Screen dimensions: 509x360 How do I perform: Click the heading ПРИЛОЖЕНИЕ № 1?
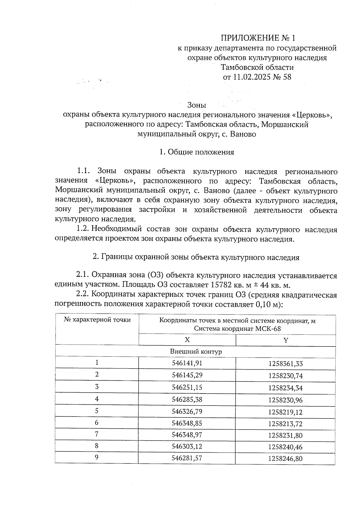(258, 38)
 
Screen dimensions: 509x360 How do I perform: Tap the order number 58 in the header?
(287, 77)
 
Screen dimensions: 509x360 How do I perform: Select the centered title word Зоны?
(196, 105)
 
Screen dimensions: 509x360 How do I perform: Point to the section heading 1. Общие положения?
(196, 152)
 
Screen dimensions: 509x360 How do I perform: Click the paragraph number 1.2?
(83, 229)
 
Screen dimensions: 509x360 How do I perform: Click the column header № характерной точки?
(97, 320)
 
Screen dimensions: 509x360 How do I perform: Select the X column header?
(187, 340)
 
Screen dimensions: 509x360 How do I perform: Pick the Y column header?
(286, 340)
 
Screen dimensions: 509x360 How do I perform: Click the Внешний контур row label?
(196, 352)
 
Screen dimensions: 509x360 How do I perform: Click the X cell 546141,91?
(187, 363)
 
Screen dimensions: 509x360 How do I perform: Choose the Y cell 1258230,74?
(286, 376)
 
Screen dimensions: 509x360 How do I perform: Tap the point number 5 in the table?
(97, 411)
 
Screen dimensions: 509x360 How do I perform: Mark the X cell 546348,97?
(187, 435)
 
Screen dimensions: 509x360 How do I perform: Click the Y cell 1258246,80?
(286, 458)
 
